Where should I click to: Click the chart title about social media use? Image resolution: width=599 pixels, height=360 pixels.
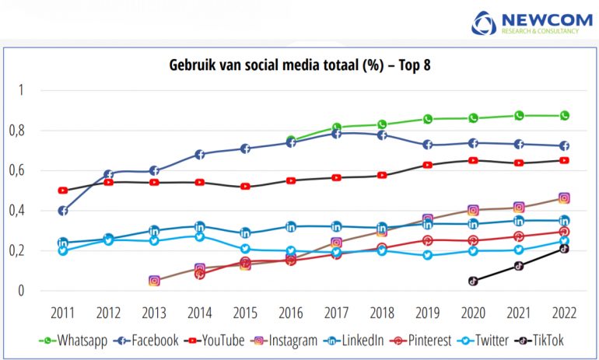(299, 65)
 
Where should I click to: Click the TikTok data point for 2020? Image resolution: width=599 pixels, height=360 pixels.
(473, 281)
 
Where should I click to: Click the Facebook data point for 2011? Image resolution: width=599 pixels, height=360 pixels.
(63, 211)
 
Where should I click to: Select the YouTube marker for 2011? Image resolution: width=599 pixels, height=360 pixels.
(63, 190)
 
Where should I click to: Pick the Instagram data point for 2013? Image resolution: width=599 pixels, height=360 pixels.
(154, 281)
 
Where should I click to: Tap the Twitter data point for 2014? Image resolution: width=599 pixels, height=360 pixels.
(200, 236)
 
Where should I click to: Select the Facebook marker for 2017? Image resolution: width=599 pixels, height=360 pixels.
(337, 134)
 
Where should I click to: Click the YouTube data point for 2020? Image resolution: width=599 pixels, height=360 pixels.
(473, 160)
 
